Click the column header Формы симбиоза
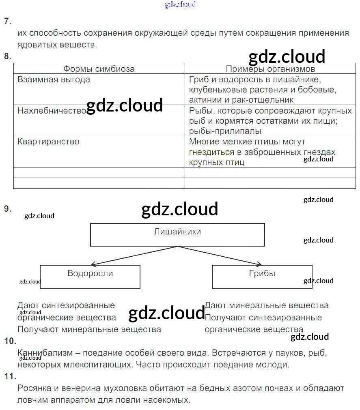pos(99,69)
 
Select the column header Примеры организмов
pos(270,69)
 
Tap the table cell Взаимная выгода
pos(54,79)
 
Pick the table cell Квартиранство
pos(48,142)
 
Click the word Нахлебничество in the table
pos(52,110)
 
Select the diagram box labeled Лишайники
pos(177,235)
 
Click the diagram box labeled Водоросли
pos(90,277)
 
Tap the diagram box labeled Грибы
pos(262,277)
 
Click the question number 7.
pos(7,21)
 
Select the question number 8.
pos(7,56)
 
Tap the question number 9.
pos(7,209)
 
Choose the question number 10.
pos(10,341)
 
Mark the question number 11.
pos(10,376)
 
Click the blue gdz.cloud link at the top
pos(180,4)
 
